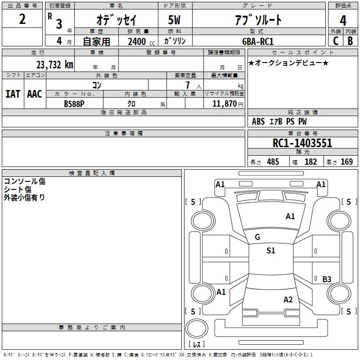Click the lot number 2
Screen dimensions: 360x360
[x=22, y=20]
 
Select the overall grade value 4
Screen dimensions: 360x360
[x=343, y=21]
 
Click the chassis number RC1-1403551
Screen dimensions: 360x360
[x=302, y=143]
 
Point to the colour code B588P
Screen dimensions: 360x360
[x=74, y=103]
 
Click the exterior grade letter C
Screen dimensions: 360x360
[x=335, y=41]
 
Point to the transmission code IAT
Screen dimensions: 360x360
[x=13, y=94]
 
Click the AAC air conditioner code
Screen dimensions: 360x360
[x=35, y=94]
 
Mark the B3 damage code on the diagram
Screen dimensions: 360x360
[x=327, y=279]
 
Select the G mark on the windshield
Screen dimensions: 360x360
[x=257, y=237]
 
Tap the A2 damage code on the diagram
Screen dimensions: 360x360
[x=288, y=300]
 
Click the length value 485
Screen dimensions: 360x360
[x=273, y=162]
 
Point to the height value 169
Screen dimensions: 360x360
[x=346, y=162]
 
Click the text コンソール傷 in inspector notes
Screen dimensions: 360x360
[x=24, y=181]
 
